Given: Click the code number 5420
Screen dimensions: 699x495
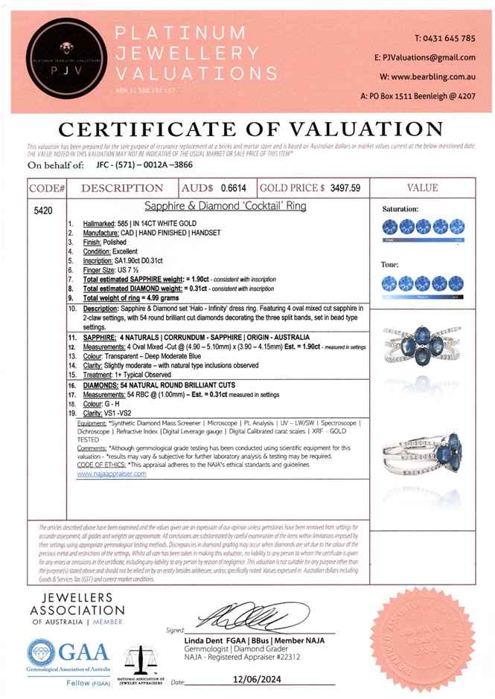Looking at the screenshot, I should (x=43, y=211).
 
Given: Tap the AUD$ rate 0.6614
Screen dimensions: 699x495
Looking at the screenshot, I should (x=235, y=188).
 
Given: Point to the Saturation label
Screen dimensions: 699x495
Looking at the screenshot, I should (x=400, y=210).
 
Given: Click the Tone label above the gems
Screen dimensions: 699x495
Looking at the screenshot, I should (x=391, y=265).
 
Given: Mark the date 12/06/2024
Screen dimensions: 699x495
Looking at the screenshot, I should (x=256, y=680).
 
